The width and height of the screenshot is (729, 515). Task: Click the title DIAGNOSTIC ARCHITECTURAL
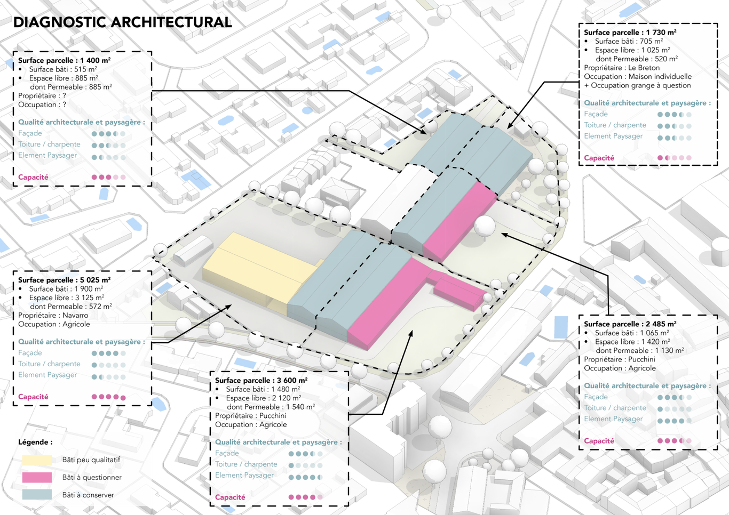pyautogui.click(x=122, y=22)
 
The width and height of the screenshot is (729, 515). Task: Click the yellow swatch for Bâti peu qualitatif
pyautogui.click(x=37, y=460)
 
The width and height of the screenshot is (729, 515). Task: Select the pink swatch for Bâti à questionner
pyautogui.click(x=37, y=477)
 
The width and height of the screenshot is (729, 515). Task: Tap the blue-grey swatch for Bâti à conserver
pyautogui.click(x=37, y=495)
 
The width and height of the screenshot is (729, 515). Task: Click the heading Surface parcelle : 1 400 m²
pyautogui.click(x=64, y=60)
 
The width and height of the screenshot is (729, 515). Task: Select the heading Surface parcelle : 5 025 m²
pyautogui.click(x=64, y=280)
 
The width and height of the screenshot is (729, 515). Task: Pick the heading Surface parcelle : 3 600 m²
pyautogui.click(x=261, y=380)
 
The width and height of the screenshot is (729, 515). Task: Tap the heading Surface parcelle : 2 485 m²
pyautogui.click(x=630, y=324)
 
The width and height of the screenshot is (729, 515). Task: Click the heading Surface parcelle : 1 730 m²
pyautogui.click(x=630, y=32)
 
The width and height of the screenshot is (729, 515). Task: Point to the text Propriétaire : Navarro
pyautogui.click(x=53, y=315)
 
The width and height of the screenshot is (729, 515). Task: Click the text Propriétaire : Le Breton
pyautogui.click(x=622, y=68)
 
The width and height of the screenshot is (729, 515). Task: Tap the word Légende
pyautogui.click(x=35, y=442)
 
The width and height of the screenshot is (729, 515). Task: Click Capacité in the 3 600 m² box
pyautogui.click(x=230, y=497)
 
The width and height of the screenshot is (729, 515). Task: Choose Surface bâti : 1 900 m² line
pyautogui.click(x=66, y=288)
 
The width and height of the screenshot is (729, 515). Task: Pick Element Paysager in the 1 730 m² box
pyautogui.click(x=613, y=136)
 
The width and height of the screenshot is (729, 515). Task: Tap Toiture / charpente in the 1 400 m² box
pyautogui.click(x=49, y=144)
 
